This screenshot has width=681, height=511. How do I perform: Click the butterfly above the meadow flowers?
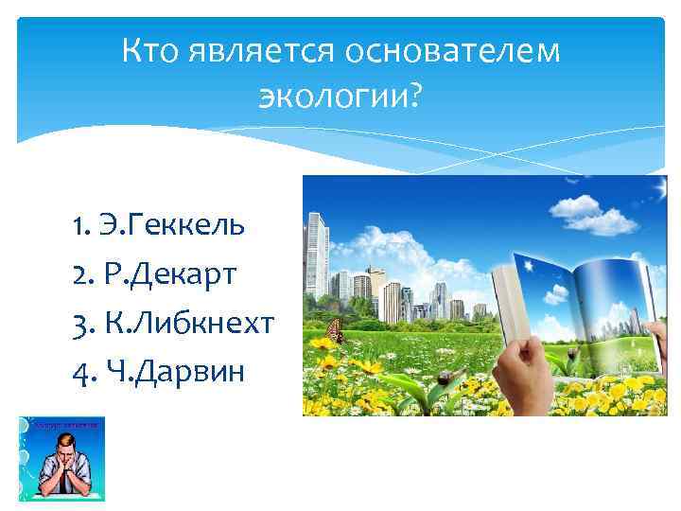333,330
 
